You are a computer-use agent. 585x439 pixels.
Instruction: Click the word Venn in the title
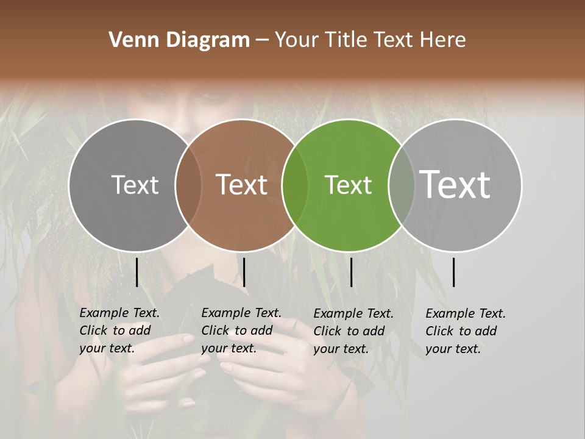[129, 40]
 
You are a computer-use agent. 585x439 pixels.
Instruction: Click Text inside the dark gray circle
[135, 185]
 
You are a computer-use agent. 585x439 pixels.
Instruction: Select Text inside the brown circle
[241, 185]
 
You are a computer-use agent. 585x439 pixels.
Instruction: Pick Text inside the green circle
[348, 185]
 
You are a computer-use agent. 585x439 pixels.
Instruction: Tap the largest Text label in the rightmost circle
[455, 184]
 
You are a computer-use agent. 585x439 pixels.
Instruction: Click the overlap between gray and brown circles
[188, 185]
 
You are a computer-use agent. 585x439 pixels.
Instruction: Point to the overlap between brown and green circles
[295, 185]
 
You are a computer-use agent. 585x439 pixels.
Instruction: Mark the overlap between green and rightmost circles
[402, 185]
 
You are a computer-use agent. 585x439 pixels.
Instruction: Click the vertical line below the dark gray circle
[136, 272]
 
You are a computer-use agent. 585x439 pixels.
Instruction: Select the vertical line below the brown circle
[244, 272]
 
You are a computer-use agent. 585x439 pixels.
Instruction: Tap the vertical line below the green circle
[351, 272]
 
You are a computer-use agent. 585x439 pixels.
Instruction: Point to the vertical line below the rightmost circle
[453, 272]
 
